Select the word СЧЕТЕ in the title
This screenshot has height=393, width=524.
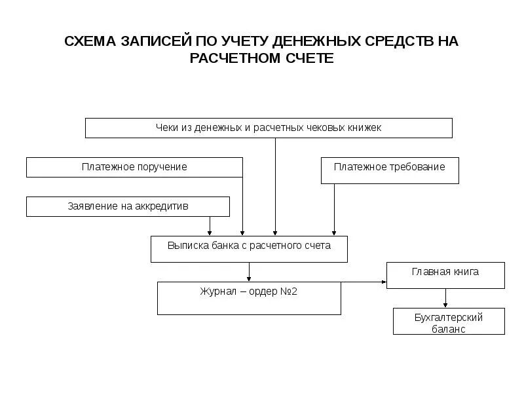(309, 58)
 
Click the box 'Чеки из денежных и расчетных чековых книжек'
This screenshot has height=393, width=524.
(269, 128)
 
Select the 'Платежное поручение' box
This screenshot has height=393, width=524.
(134, 167)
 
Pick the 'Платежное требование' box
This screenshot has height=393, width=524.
(390, 170)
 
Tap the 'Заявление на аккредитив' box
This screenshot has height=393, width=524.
(128, 206)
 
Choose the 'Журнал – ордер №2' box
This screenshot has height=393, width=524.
(249, 298)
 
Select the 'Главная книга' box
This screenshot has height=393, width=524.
(445, 275)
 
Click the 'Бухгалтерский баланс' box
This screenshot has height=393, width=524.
(449, 322)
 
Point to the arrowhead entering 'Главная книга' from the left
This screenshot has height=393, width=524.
(384, 282)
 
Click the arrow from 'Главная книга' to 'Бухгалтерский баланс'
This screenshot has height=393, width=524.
(445, 298)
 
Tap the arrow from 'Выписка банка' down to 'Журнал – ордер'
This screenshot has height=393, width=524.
(249, 272)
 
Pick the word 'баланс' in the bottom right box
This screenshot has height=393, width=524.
(449, 329)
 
